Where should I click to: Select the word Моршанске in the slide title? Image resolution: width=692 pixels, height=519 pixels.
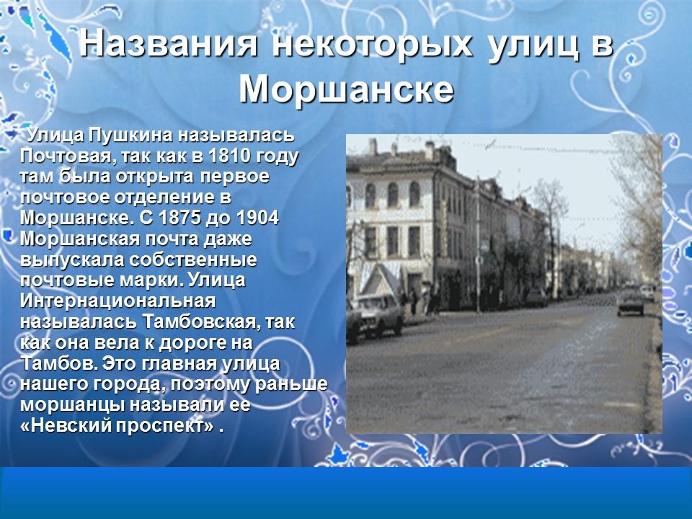click(x=346, y=89)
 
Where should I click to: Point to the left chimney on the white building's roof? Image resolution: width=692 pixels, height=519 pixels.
click(x=373, y=146)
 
